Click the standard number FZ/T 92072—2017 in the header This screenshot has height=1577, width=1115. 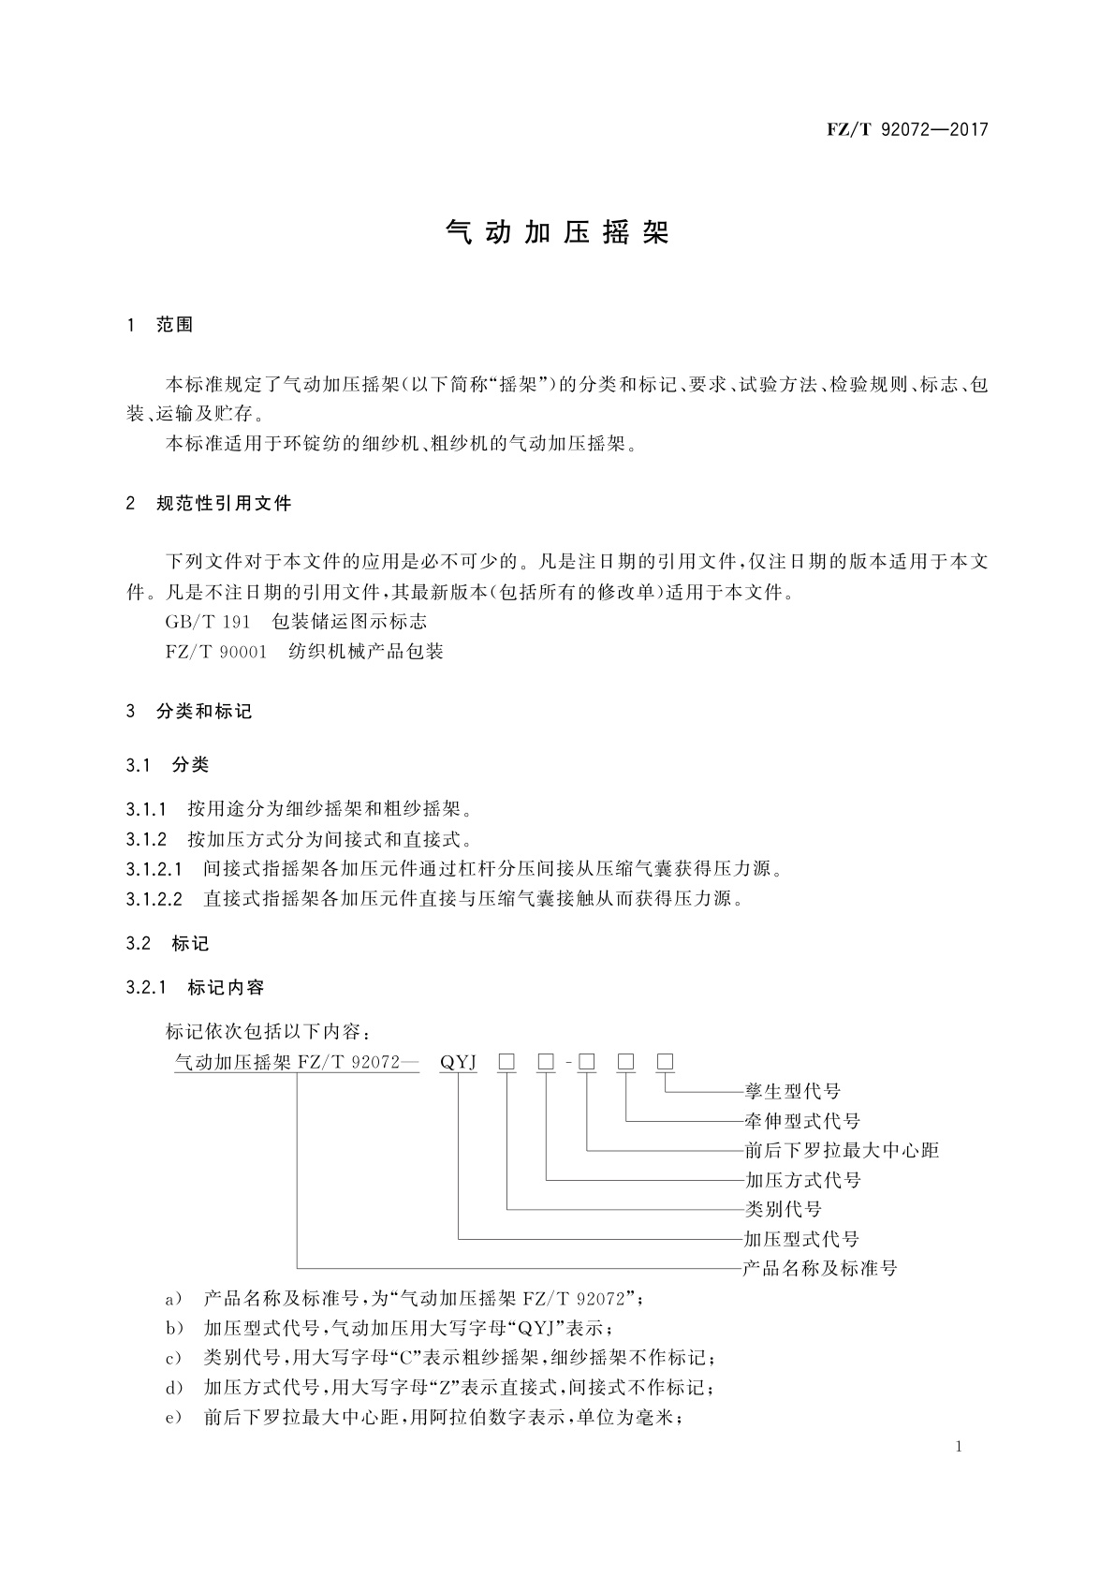(907, 130)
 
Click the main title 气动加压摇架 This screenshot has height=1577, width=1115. (557, 233)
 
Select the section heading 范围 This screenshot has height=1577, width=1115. (175, 325)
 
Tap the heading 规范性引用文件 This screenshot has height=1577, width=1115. (225, 504)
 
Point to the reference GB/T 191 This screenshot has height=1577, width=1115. (208, 622)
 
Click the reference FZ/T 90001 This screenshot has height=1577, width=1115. (216, 652)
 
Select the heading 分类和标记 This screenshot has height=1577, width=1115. (205, 712)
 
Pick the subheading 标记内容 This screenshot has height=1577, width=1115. (226, 987)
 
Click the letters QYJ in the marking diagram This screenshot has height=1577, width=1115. (459, 1062)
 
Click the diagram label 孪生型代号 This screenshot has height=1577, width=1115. (792, 1092)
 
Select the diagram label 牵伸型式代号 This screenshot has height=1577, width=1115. (802, 1122)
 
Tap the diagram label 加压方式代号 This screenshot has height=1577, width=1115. (802, 1181)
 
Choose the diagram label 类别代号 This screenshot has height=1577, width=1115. (783, 1210)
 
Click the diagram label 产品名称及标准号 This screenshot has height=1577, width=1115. (820, 1269)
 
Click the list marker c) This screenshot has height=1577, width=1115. (172, 1359)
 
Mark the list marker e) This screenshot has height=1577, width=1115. (172, 1419)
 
